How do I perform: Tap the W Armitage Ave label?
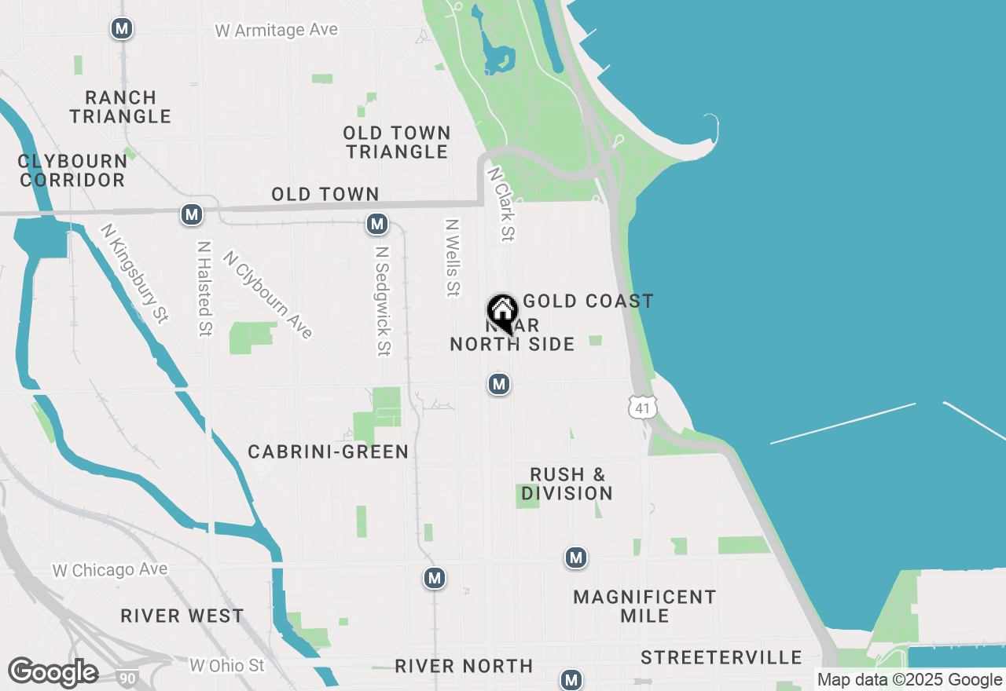277,31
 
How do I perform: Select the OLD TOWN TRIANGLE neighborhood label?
398,142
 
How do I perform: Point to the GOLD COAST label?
588,301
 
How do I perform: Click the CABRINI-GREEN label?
328,452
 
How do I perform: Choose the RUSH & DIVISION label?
567,484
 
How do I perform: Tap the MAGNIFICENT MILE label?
644,606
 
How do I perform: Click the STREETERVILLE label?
721,658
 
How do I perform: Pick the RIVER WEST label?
182,616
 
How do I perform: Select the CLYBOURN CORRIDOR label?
72,170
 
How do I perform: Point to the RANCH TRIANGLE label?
120,107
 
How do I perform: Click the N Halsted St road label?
204,288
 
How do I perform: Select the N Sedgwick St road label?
382,301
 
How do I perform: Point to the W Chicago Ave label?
110,570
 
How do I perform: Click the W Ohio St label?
227,666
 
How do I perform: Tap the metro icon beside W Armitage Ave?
121,29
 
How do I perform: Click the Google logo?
53,673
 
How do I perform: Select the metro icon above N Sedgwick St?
377,225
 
